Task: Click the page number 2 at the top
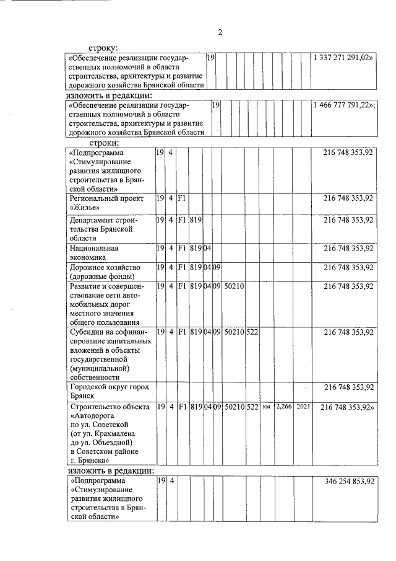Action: (x=220, y=32)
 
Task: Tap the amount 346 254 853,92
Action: (x=348, y=480)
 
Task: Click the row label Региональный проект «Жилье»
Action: (x=106, y=203)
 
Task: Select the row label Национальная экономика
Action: (x=95, y=252)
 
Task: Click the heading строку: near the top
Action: (x=103, y=47)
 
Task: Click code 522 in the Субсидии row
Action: (x=252, y=332)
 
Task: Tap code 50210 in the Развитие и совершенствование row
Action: (x=234, y=286)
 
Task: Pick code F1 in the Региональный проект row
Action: (x=182, y=199)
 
